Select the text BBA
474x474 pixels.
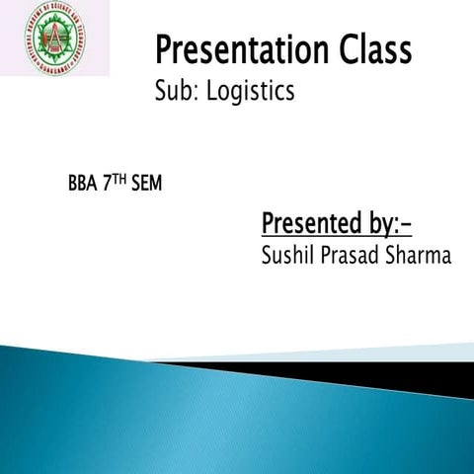[x=84, y=185]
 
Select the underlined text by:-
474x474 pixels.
[x=385, y=225]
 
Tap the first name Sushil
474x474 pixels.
[x=285, y=257]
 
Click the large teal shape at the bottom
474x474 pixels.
[x=197, y=415]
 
